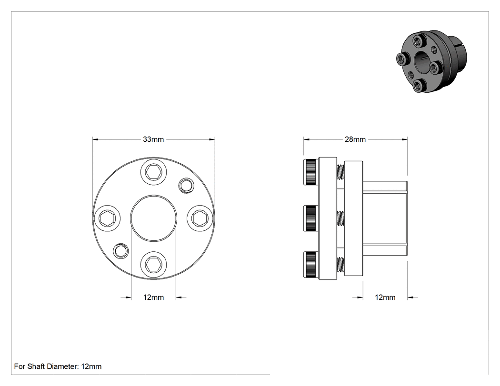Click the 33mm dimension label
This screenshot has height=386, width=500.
153,139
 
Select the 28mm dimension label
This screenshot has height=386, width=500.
355,139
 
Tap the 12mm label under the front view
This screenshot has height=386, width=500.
153,297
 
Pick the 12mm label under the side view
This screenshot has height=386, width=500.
385,297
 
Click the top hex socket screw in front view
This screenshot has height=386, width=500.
153,172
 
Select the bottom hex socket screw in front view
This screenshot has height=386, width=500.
153,264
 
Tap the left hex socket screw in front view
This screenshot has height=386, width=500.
108,218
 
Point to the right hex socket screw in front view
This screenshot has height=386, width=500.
200,218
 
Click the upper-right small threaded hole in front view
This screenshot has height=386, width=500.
186,185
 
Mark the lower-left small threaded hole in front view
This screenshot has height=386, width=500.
121,250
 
